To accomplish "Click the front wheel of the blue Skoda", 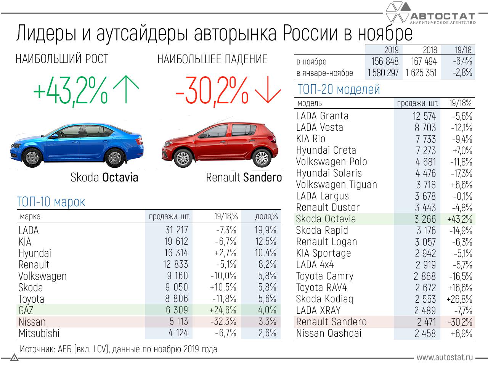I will [33, 157].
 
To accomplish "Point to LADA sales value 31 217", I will [177, 230].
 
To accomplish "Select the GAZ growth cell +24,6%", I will [223, 310].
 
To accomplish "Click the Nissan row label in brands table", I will [32, 322].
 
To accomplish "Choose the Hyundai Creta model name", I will [326, 150].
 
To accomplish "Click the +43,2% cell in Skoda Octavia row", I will [460, 219].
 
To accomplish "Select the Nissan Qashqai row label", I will [329, 333].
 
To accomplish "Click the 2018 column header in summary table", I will [430, 50].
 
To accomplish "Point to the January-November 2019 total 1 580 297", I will [383, 73].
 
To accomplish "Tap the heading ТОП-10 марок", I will [51, 202].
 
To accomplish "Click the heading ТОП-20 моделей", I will [339, 89].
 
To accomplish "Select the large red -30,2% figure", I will [212, 91].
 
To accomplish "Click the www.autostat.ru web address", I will [445, 357].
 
